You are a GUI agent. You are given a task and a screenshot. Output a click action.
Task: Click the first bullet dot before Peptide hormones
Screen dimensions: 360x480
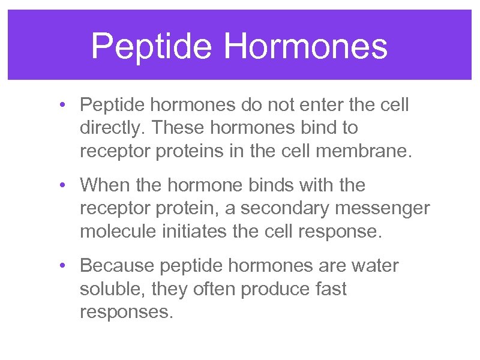click(x=63, y=106)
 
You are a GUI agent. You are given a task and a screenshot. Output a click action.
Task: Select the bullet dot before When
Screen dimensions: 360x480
click(x=63, y=185)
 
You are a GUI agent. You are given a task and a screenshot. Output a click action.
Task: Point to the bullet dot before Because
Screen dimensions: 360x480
click(x=63, y=266)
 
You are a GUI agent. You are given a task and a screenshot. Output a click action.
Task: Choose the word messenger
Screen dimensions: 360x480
click(x=385, y=208)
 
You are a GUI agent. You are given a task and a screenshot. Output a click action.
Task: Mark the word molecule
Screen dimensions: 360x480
click(x=118, y=230)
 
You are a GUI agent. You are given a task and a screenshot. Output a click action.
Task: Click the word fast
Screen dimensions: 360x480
click(x=330, y=289)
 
